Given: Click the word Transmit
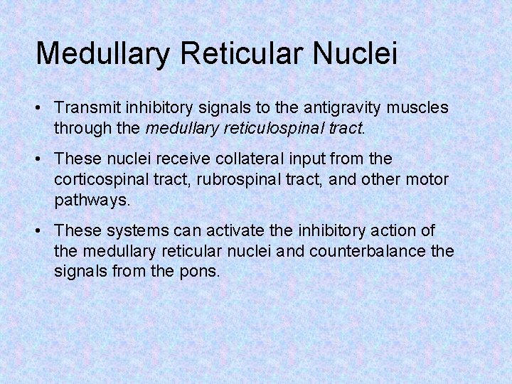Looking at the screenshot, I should click(86, 107).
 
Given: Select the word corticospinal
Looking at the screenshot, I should click(102, 179).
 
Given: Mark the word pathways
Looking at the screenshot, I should click(92, 201).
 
